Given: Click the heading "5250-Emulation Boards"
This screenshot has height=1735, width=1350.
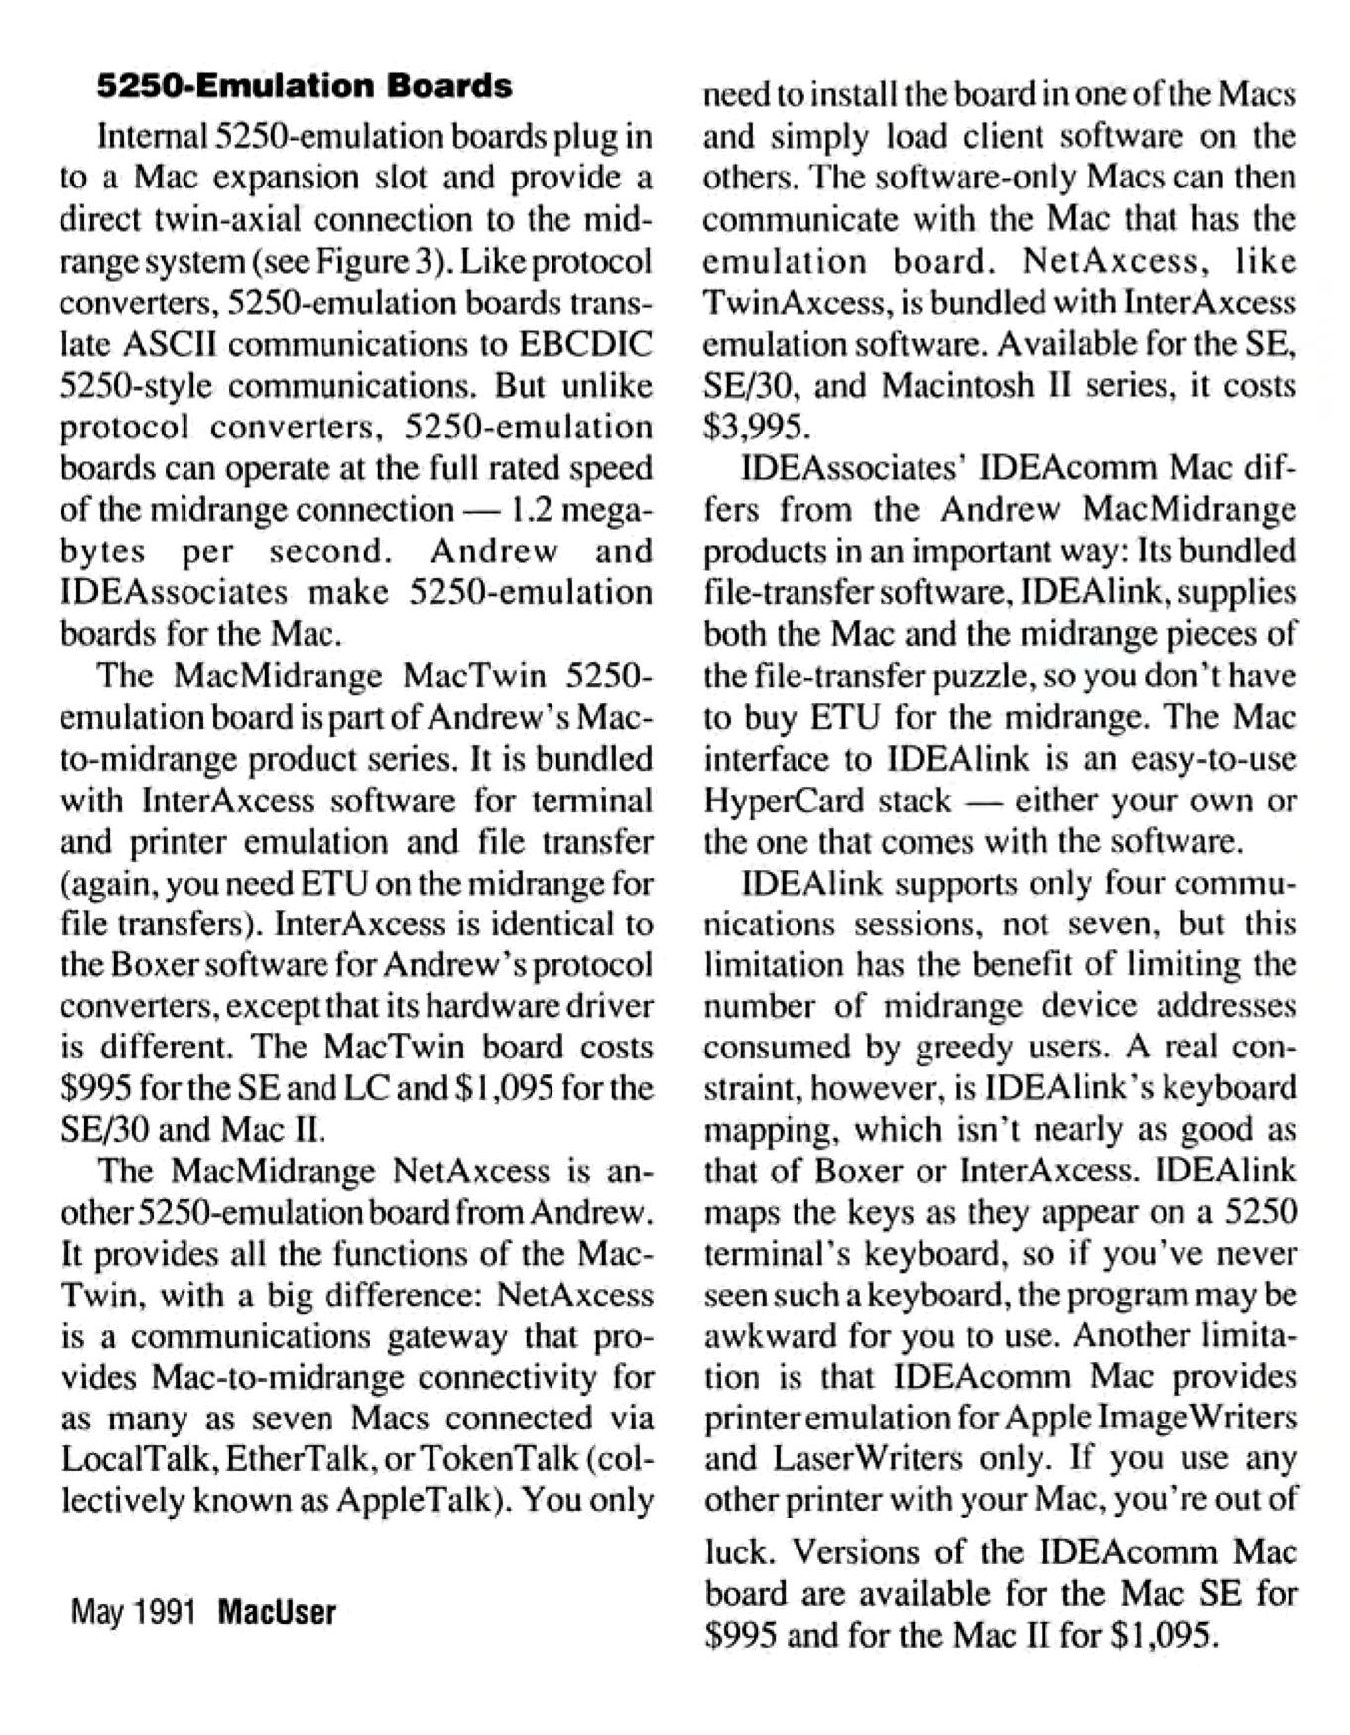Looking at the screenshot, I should pos(305,86).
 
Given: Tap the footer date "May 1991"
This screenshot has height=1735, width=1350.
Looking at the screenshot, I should pos(133,1612).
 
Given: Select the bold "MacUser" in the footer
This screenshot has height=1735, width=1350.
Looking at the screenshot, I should pos(277,1612).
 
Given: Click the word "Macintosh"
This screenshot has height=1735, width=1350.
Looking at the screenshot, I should pos(957,384).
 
